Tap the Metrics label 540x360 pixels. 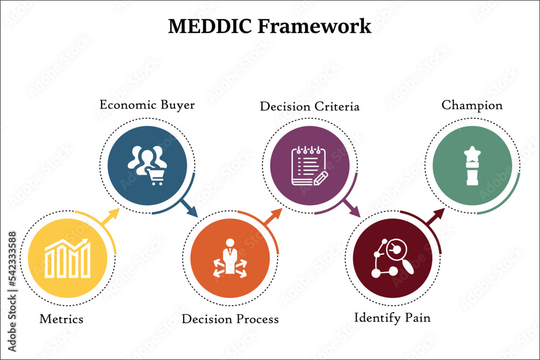[x=62, y=319]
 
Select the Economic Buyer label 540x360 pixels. [x=147, y=105]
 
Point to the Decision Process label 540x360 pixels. [x=230, y=319]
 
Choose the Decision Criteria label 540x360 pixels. [x=309, y=106]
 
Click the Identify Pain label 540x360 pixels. [x=392, y=317]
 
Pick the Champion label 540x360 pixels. [x=472, y=105]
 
